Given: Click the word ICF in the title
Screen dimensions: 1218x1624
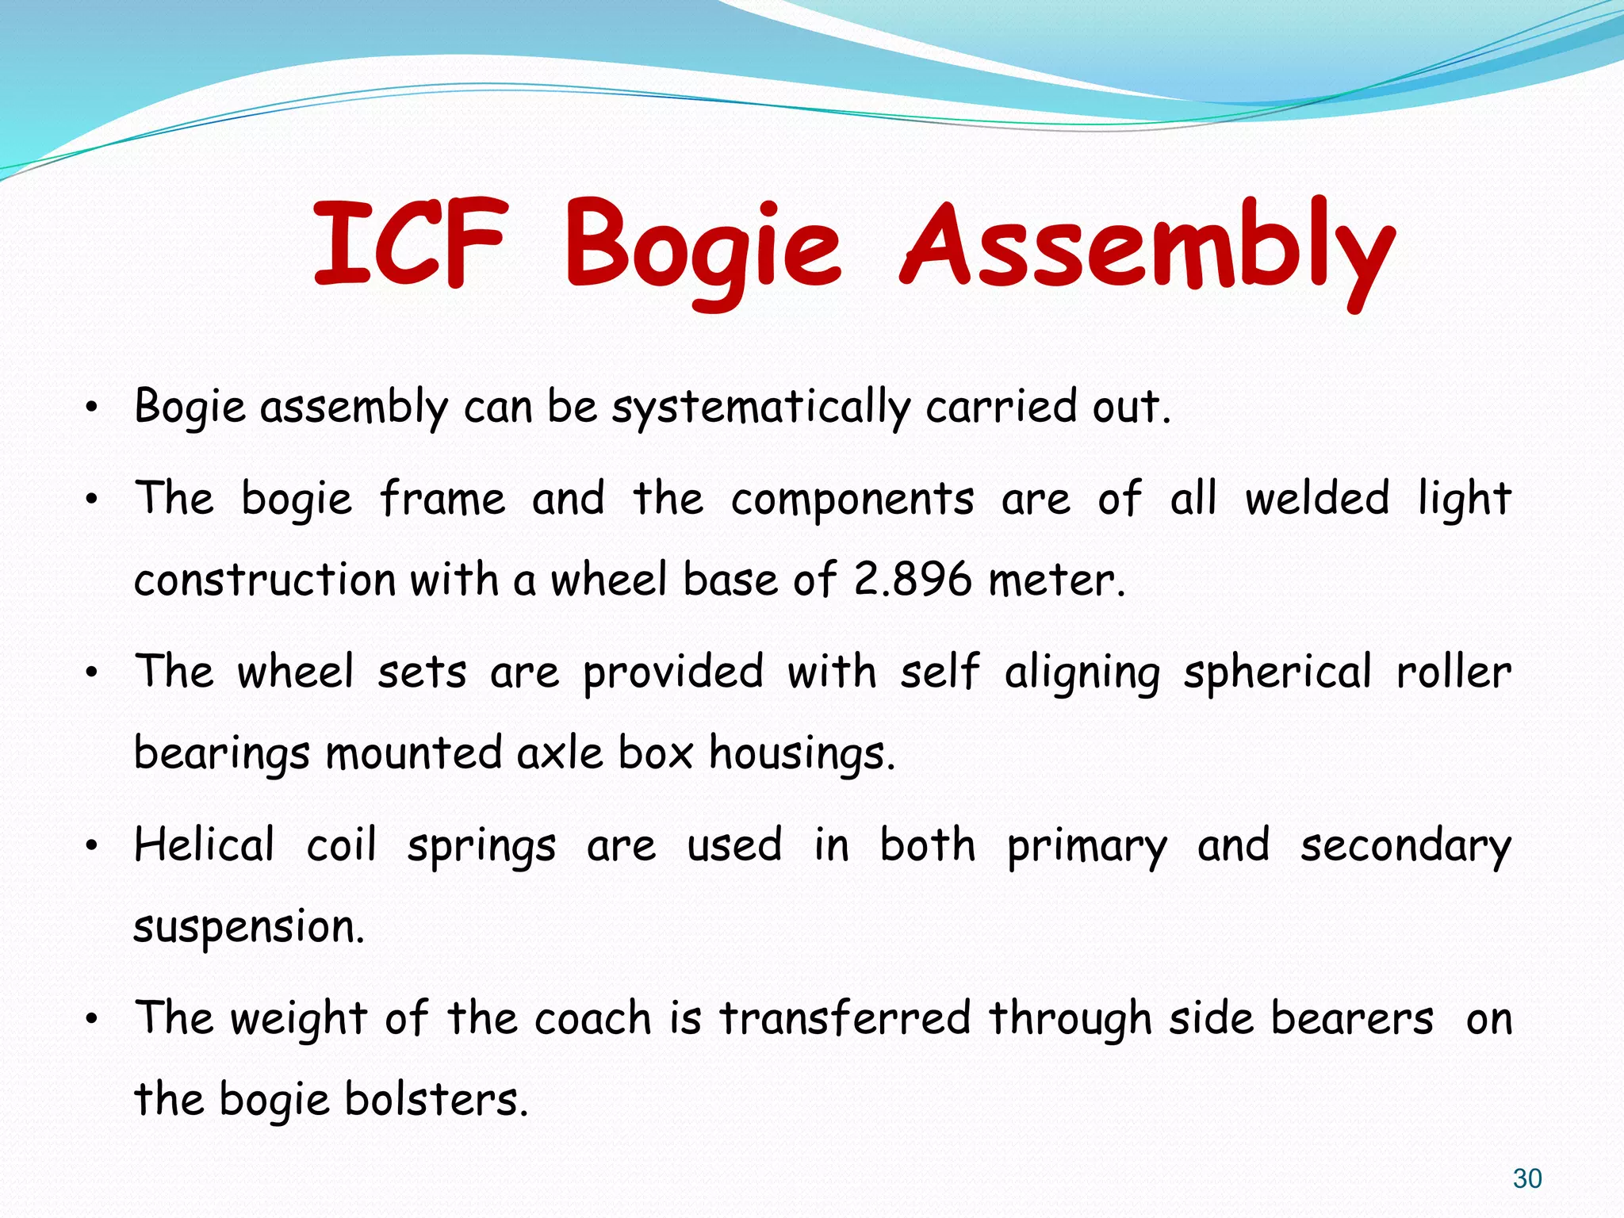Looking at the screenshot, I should pyautogui.click(x=409, y=244).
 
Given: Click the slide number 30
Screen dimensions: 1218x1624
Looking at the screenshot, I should pyautogui.click(x=1526, y=1178).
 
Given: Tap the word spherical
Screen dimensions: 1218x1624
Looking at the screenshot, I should pyautogui.click(x=1277, y=673).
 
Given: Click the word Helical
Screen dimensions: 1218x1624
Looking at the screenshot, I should pyautogui.click(x=205, y=845).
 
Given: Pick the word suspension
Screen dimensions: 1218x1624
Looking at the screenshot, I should pyautogui.click(x=248, y=927).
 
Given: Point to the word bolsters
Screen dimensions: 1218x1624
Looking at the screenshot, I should pyautogui.click(x=435, y=1099).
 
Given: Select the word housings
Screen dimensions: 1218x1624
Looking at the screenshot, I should pyautogui.click(x=801, y=754).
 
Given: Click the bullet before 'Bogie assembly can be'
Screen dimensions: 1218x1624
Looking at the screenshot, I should pyautogui.click(x=92, y=409).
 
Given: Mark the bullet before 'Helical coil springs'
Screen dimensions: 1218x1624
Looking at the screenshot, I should pyautogui.click(x=92, y=846).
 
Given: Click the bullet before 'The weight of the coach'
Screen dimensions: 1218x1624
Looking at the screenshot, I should pyautogui.click(x=92, y=1019).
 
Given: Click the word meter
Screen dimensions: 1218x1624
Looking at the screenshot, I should pyautogui.click(x=1055, y=580).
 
